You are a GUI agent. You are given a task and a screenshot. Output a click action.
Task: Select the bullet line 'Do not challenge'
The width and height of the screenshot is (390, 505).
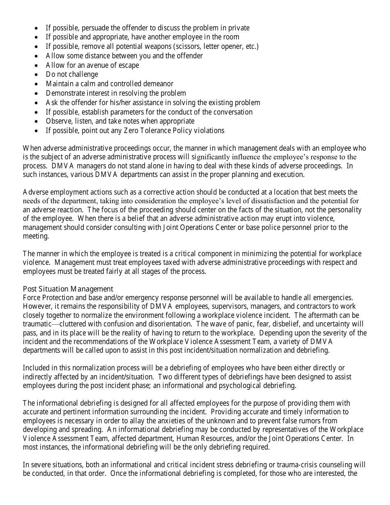point(72,74)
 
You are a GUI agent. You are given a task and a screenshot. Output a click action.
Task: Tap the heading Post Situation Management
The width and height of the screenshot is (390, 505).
point(68,289)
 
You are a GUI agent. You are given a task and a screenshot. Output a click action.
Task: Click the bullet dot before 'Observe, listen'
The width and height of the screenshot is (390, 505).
point(37,122)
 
